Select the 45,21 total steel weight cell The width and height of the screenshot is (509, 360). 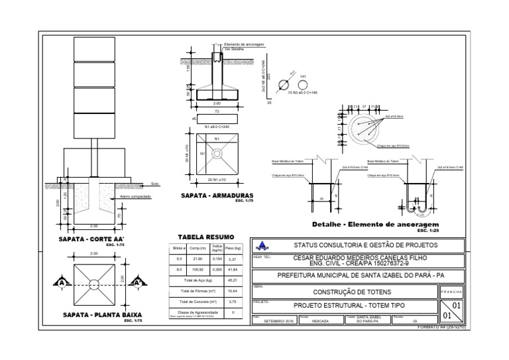[232, 280]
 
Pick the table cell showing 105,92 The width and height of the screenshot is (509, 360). [197, 270]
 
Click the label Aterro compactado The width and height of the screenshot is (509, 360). [136, 196]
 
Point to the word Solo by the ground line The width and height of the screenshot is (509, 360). [155, 184]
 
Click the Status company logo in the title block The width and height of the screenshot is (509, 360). [262, 245]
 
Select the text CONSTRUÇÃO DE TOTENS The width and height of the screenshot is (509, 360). [343, 292]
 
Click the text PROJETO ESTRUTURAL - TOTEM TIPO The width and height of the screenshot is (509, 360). [349, 306]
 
